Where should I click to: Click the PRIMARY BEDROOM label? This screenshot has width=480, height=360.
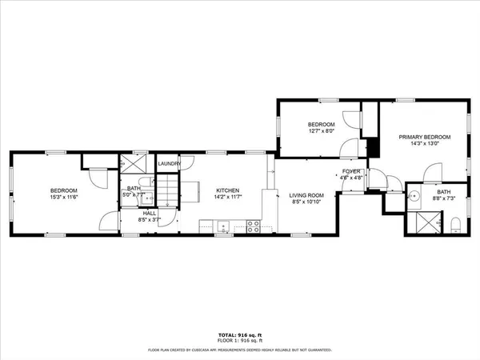[x=425, y=137]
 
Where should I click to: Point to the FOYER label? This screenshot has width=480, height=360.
[x=351, y=172]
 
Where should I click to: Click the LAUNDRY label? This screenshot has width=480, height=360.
[x=169, y=164]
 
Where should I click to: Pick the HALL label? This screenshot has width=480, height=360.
[x=150, y=214]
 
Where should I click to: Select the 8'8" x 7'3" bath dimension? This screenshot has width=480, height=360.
[x=443, y=198]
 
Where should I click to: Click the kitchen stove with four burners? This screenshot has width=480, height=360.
[x=253, y=226]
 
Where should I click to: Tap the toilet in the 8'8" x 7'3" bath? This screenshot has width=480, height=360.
[x=454, y=222]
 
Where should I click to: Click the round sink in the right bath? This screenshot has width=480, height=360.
[x=416, y=197]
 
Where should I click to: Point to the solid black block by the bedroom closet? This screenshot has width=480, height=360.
[x=371, y=149]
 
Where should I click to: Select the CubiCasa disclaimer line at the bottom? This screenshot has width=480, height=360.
[x=240, y=350]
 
